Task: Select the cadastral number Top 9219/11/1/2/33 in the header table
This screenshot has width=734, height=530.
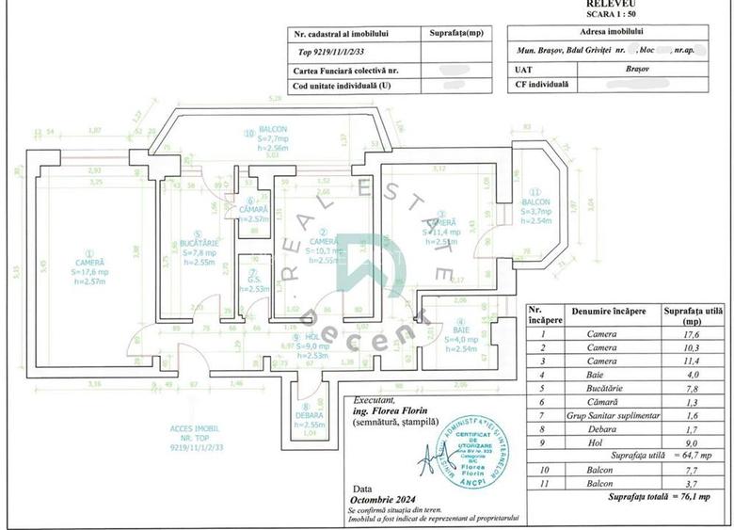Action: [x=333, y=54]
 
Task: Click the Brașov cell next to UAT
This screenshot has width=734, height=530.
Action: [x=617, y=69]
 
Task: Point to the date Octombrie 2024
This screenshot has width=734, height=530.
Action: [x=384, y=499]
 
